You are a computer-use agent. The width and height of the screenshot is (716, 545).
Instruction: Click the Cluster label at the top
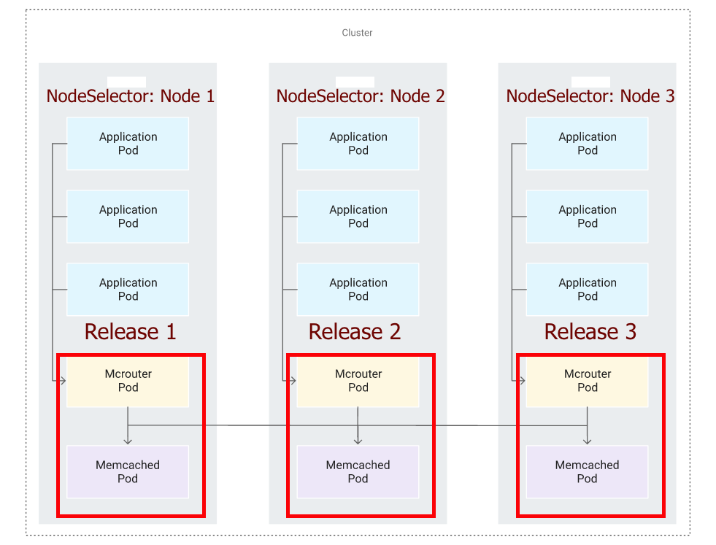(x=357, y=33)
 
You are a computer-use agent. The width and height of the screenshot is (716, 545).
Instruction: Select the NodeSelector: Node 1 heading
(x=130, y=96)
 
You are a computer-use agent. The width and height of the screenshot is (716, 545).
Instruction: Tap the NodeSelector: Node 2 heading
(x=360, y=96)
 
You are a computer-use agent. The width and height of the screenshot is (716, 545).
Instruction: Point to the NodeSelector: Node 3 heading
(x=590, y=96)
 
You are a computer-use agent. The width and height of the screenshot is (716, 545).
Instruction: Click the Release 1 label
(x=130, y=332)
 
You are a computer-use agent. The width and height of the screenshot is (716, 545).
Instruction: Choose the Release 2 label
(x=354, y=332)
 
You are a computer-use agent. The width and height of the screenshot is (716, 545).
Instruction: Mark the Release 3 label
(x=590, y=332)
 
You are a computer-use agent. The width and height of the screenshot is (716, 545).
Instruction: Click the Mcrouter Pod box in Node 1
(x=128, y=381)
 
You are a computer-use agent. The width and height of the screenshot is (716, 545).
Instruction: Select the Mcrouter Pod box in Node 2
(x=358, y=381)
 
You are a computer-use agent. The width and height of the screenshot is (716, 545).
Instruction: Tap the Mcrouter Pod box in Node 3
(x=587, y=381)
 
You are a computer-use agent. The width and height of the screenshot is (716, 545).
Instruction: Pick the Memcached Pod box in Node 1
(x=128, y=472)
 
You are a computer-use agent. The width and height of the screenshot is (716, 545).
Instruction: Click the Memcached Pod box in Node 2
(x=358, y=472)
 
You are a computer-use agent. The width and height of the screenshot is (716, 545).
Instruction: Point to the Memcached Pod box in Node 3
(x=587, y=472)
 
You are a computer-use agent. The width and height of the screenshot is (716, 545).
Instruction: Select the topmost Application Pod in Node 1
(x=128, y=144)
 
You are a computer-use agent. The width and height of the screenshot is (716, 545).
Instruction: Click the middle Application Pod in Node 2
(x=358, y=217)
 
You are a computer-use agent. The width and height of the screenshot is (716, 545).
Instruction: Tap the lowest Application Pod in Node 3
(x=587, y=290)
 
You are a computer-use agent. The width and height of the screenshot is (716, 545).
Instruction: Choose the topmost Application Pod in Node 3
(x=587, y=144)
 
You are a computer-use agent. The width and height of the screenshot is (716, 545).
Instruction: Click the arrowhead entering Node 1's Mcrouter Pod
(x=63, y=381)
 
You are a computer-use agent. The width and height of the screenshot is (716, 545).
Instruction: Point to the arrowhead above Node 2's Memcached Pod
(x=358, y=441)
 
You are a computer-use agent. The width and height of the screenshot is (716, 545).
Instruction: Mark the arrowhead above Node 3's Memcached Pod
(x=587, y=441)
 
